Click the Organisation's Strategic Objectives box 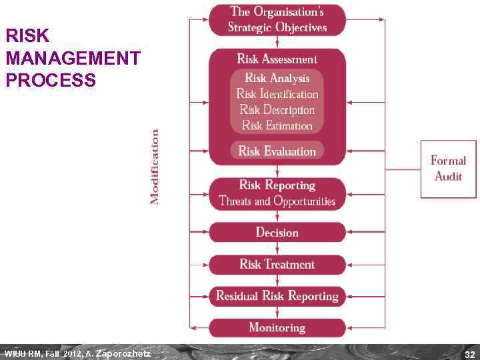[277, 19]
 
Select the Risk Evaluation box [277, 151]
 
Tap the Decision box [277, 232]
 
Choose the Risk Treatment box [277, 264]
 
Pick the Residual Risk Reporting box [277, 296]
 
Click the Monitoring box [277, 327]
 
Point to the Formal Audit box [448, 169]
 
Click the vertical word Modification [154, 167]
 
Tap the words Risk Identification [277, 94]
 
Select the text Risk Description [277, 110]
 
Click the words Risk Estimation [277, 125]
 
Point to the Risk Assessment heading [277, 59]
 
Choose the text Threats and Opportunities [277, 201]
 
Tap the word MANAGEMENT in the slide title [73, 58]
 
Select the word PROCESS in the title [51, 81]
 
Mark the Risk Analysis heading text [277, 78]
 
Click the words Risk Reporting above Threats [277, 185]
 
